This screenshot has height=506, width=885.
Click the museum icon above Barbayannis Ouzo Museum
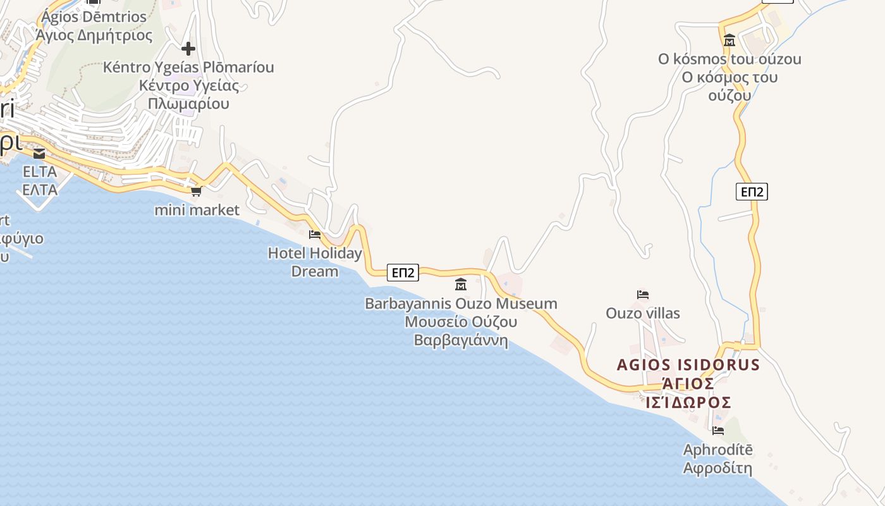461,285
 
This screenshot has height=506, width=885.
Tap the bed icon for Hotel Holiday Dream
315,235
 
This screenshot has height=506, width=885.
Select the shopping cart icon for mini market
197,191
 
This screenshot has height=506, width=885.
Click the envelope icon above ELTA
39,154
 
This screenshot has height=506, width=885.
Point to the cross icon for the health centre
188,49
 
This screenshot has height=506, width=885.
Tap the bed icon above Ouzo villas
643,295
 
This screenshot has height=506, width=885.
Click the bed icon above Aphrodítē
718,431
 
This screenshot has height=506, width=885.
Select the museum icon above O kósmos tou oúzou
729,40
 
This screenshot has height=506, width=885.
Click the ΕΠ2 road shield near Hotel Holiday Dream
403,273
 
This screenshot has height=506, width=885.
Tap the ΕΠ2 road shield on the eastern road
752,192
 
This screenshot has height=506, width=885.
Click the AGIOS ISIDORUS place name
688,365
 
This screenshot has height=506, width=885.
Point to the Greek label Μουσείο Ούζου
461,322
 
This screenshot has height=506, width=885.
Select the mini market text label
197,210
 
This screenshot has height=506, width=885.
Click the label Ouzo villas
643,313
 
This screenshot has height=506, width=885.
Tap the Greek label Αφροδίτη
718,469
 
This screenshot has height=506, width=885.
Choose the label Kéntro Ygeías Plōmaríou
188,67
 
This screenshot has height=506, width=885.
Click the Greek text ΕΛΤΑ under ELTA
40,190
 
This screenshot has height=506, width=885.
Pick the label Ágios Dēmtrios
94,17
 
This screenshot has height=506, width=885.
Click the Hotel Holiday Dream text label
315,262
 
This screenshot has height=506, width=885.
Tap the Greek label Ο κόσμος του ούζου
729,87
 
